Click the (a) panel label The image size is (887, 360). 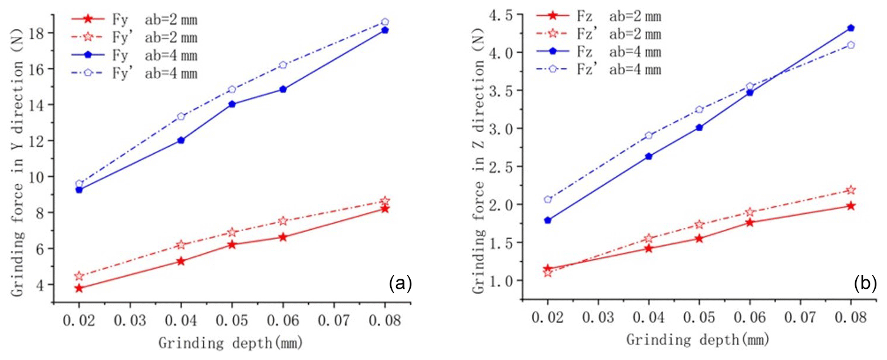click(x=401, y=285)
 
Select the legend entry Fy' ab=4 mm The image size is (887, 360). click(x=141, y=74)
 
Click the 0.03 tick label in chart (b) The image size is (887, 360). click(x=598, y=316)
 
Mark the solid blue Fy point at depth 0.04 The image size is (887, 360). click(x=181, y=140)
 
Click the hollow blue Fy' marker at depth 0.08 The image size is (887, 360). click(x=385, y=22)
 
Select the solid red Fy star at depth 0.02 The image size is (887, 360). click(x=79, y=288)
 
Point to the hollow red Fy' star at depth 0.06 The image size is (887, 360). click(x=283, y=221)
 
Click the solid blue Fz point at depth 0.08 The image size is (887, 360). click(x=850, y=28)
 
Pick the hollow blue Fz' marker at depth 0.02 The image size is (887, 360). click(x=548, y=200)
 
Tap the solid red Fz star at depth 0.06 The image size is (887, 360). click(x=749, y=222)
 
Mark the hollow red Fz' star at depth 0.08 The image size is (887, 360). click(x=850, y=190)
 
